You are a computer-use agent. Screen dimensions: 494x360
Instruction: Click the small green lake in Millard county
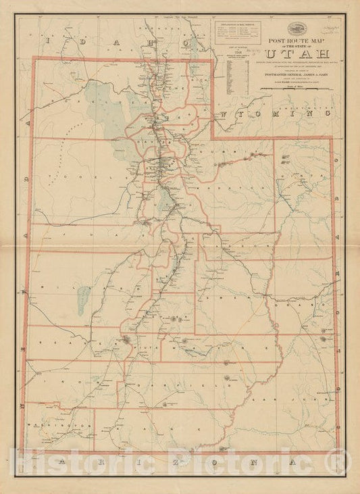click(83, 295)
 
